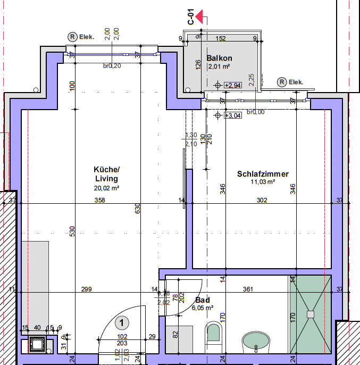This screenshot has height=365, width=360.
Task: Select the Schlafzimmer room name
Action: pos(263,174)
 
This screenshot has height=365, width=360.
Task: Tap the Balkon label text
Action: pos(220,58)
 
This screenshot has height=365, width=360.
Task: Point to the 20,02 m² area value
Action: pos(106,188)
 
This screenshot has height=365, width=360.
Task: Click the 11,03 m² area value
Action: pos(263,182)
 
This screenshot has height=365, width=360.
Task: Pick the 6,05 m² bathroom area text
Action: pos(202,308)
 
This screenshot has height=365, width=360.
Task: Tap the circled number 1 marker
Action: pos(122,322)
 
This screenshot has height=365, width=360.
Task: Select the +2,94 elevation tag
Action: pos(233,85)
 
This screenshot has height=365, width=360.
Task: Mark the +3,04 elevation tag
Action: pos(233,115)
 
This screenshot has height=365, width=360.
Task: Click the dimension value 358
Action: pos(100,201)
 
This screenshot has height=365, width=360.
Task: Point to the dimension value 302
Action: pos(262,201)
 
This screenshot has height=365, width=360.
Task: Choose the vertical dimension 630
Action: pos(137,209)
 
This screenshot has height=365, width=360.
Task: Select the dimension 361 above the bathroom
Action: pos(247,289)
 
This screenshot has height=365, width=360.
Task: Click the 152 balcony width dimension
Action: pos(221,38)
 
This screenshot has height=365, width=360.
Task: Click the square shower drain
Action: pos(310,314)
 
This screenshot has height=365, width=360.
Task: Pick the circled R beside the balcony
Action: pos(281,82)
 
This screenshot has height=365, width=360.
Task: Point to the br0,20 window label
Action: pos(112,66)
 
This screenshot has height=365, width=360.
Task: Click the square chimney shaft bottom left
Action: pos(38,345)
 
